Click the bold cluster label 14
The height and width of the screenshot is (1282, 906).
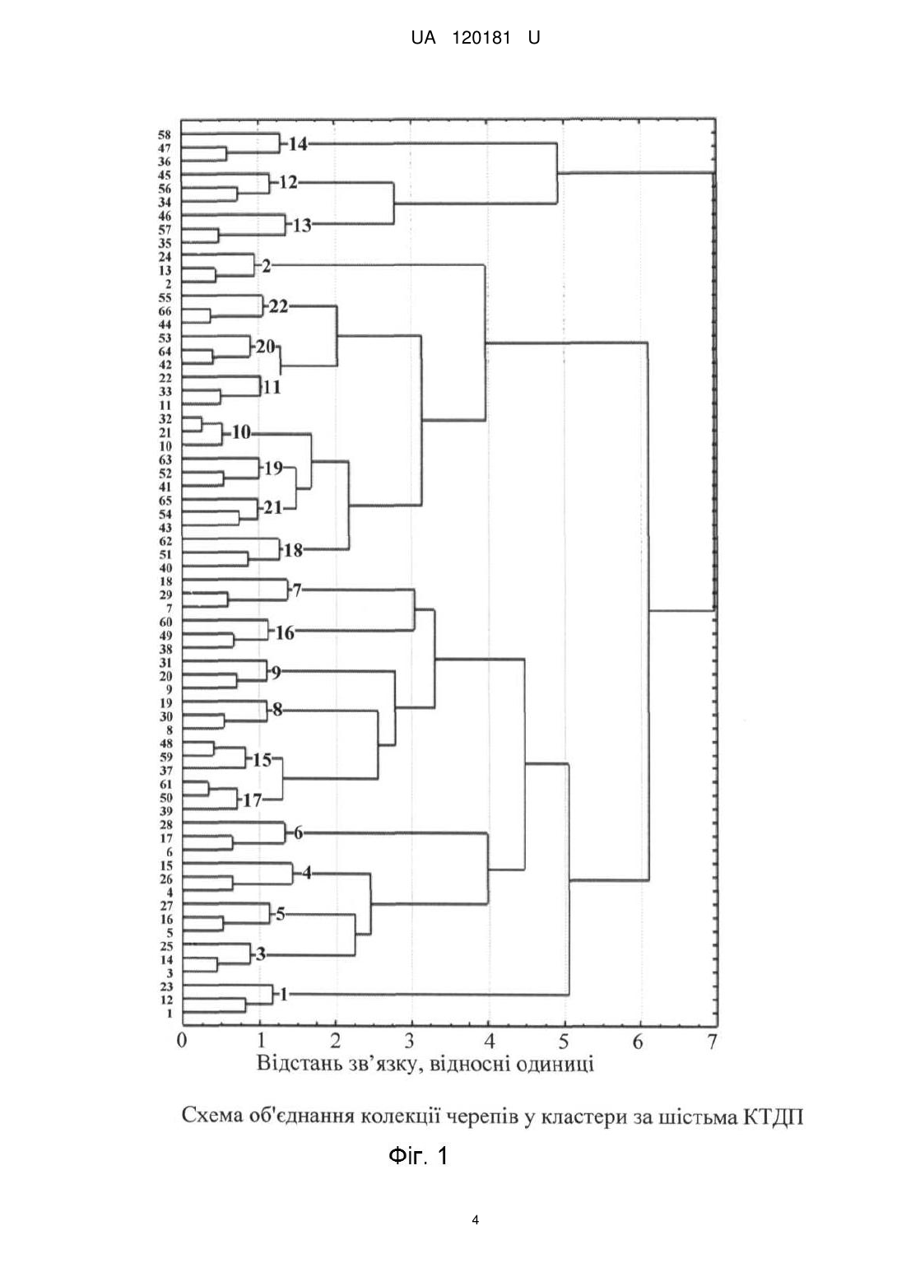(297, 143)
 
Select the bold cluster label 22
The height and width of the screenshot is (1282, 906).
(279, 307)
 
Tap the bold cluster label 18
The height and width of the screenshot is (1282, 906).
(293, 551)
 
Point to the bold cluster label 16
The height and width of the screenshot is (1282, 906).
(285, 633)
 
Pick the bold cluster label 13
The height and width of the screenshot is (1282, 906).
(302, 226)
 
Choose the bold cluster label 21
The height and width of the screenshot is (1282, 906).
(273, 507)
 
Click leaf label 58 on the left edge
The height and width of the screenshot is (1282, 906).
(165, 135)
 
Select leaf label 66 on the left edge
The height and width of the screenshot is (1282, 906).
(165, 311)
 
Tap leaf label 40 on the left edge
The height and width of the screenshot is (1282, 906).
(165, 568)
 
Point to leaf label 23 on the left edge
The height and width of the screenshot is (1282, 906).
(166, 986)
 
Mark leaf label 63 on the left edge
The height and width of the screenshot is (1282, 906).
(165, 459)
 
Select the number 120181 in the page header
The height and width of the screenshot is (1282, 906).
(481, 38)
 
